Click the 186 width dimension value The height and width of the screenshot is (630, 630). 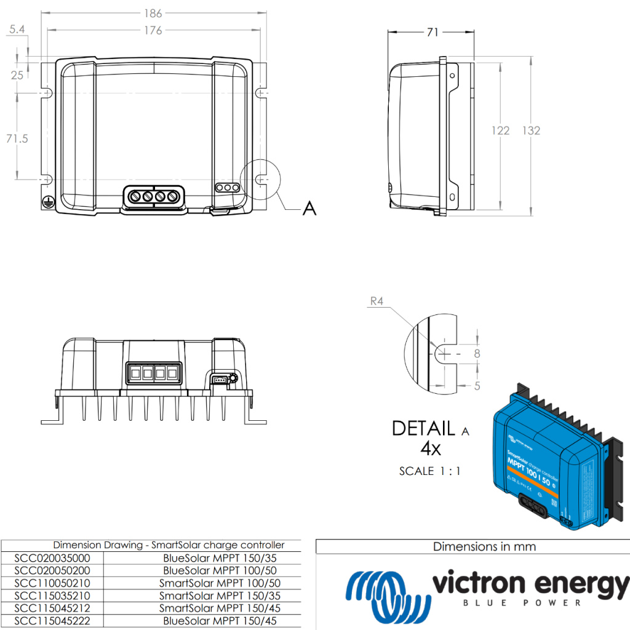153,13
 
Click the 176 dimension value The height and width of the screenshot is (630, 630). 153,30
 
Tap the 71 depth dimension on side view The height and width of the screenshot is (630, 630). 433,32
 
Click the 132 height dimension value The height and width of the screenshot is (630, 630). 531,130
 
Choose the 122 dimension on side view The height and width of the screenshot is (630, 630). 500,130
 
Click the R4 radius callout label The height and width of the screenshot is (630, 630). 377,301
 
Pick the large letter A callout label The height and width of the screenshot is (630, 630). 309,209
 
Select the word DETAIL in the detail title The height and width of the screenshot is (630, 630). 424,428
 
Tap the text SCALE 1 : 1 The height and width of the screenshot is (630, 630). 430,471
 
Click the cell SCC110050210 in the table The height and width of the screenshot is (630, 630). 52,583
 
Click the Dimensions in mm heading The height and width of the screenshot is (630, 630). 484,546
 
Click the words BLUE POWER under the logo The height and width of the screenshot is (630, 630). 521,602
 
